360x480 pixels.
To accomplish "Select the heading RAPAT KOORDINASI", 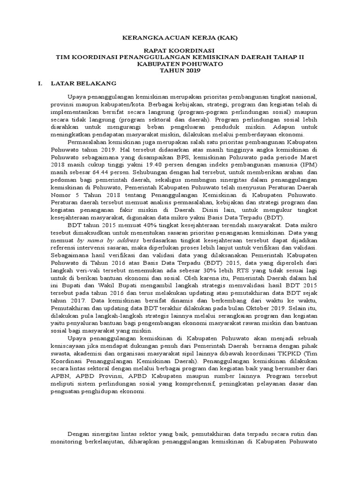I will point(180,50).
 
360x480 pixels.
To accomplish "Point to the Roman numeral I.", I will point(40,83).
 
